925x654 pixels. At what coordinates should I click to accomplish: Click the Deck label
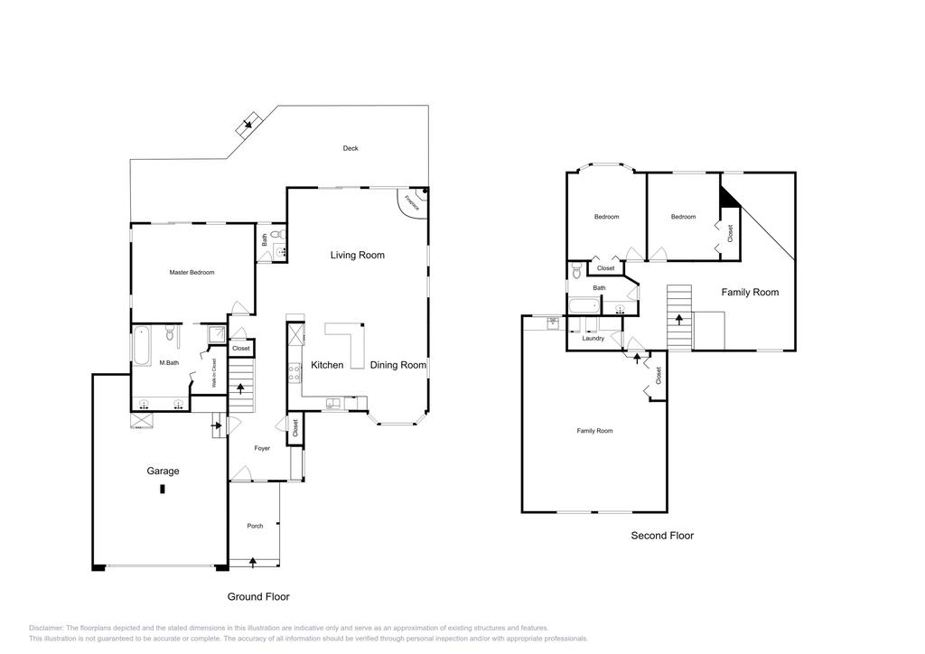click(350, 148)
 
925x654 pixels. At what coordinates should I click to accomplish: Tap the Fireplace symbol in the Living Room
click(414, 202)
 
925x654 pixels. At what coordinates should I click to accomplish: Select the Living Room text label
click(357, 255)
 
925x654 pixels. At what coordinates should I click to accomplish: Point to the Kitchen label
click(327, 365)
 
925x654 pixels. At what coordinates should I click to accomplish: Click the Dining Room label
click(397, 365)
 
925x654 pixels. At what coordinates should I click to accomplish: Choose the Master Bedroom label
click(192, 272)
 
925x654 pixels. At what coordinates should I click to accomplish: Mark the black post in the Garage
click(163, 489)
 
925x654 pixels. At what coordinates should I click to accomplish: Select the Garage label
click(163, 471)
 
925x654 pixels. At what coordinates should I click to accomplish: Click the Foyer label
click(262, 448)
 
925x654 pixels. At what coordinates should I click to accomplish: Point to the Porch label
click(256, 526)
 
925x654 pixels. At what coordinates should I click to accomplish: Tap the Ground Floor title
click(257, 596)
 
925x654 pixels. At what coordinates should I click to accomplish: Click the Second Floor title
click(662, 536)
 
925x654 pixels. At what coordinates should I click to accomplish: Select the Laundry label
click(593, 338)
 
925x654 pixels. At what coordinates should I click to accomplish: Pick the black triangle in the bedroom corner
click(727, 197)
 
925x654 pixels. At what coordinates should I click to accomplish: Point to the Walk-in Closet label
click(214, 374)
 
